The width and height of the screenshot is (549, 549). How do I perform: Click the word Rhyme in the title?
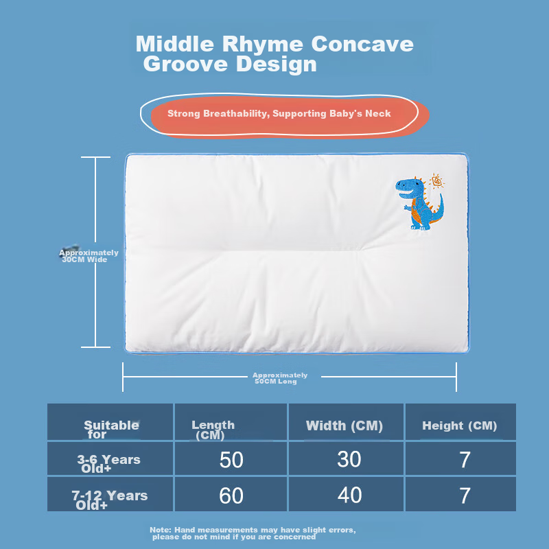(x=263, y=44)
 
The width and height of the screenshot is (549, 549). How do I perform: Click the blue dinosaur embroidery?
(x=420, y=202)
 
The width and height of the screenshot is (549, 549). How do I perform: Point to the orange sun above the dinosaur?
(x=436, y=183)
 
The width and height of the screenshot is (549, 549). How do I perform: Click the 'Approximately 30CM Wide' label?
(x=89, y=256)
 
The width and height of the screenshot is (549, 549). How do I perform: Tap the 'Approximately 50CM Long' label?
(x=280, y=378)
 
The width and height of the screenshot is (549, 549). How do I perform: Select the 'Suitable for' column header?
(x=110, y=429)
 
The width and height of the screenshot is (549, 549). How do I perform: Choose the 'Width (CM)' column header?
(x=344, y=425)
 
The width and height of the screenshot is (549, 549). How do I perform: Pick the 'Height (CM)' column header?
(x=459, y=425)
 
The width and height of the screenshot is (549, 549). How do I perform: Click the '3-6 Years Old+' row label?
(x=108, y=464)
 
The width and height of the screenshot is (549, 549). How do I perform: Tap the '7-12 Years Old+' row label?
(x=110, y=500)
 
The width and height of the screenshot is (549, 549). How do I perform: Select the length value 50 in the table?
(x=231, y=460)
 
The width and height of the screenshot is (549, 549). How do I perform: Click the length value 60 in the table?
(x=231, y=495)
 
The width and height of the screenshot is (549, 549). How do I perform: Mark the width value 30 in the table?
(x=349, y=460)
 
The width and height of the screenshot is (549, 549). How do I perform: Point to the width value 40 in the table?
(x=349, y=495)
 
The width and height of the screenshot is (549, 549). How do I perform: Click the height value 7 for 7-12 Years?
(x=465, y=495)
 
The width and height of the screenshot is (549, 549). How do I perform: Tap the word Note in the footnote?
(x=160, y=530)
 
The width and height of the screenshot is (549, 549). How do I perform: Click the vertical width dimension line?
(x=96, y=206)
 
